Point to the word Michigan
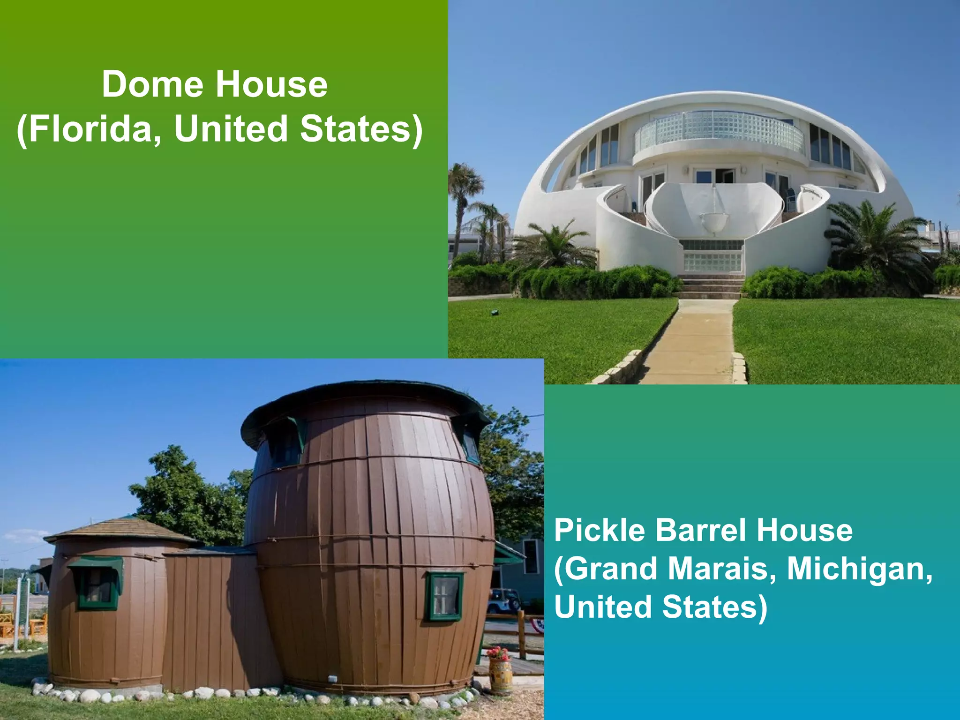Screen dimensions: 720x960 (x=859, y=569)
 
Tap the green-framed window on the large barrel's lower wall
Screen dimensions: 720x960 (x=444, y=596)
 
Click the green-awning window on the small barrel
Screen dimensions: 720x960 (x=97, y=584)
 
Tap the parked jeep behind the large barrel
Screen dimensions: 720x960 (x=504, y=600)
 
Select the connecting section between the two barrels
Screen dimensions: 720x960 (x=211, y=619)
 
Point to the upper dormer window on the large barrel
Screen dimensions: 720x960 (x=284, y=443)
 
